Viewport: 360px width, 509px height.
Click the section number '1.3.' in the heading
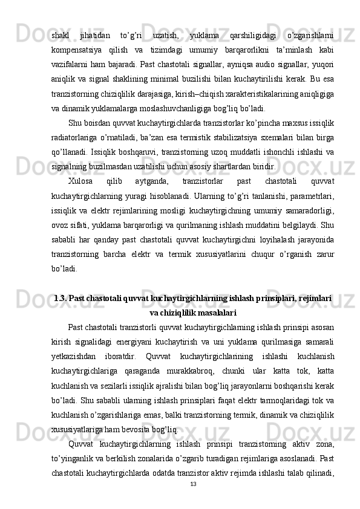click(x=61, y=298)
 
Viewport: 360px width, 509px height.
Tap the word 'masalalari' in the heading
click(x=214, y=313)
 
